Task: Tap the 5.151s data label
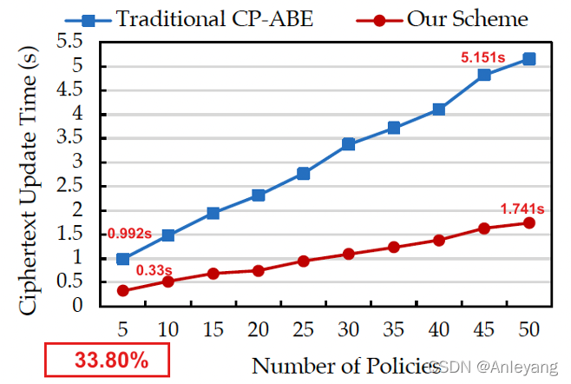pyautogui.click(x=483, y=58)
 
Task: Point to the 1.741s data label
pyautogui.click(x=522, y=209)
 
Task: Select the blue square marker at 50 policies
pyautogui.click(x=528, y=59)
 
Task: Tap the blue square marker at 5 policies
pyautogui.click(x=123, y=259)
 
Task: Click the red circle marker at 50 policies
pyautogui.click(x=528, y=223)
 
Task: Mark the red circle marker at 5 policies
pyautogui.click(x=123, y=290)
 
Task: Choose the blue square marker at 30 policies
pyautogui.click(x=348, y=144)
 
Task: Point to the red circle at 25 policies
pyautogui.click(x=303, y=261)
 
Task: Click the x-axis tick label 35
pyautogui.click(x=393, y=331)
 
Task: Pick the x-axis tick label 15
pyautogui.click(x=213, y=331)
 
